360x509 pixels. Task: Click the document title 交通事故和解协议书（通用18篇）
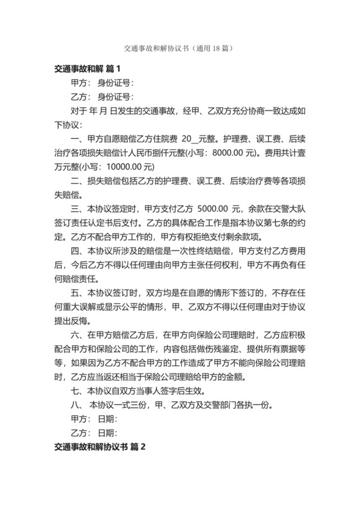pyautogui.click(x=179, y=48)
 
